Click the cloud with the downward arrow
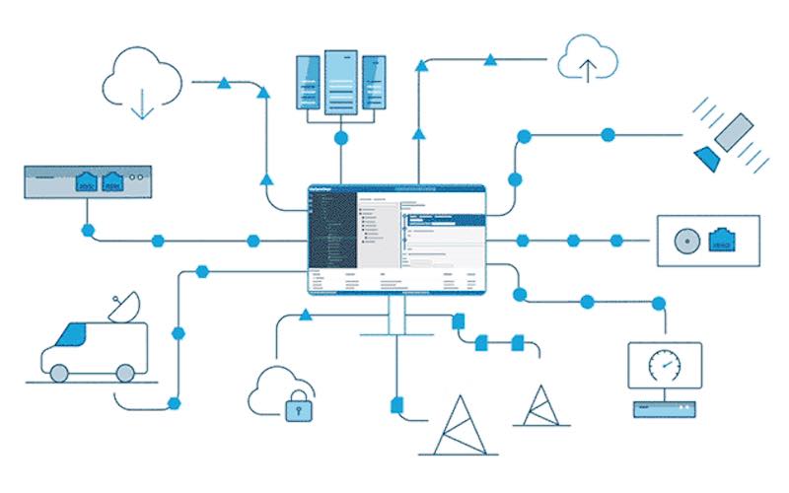click(143, 79)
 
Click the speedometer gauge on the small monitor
click(663, 366)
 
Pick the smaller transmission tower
click(540, 406)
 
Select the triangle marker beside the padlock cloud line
click(305, 315)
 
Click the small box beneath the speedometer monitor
click(663, 406)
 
